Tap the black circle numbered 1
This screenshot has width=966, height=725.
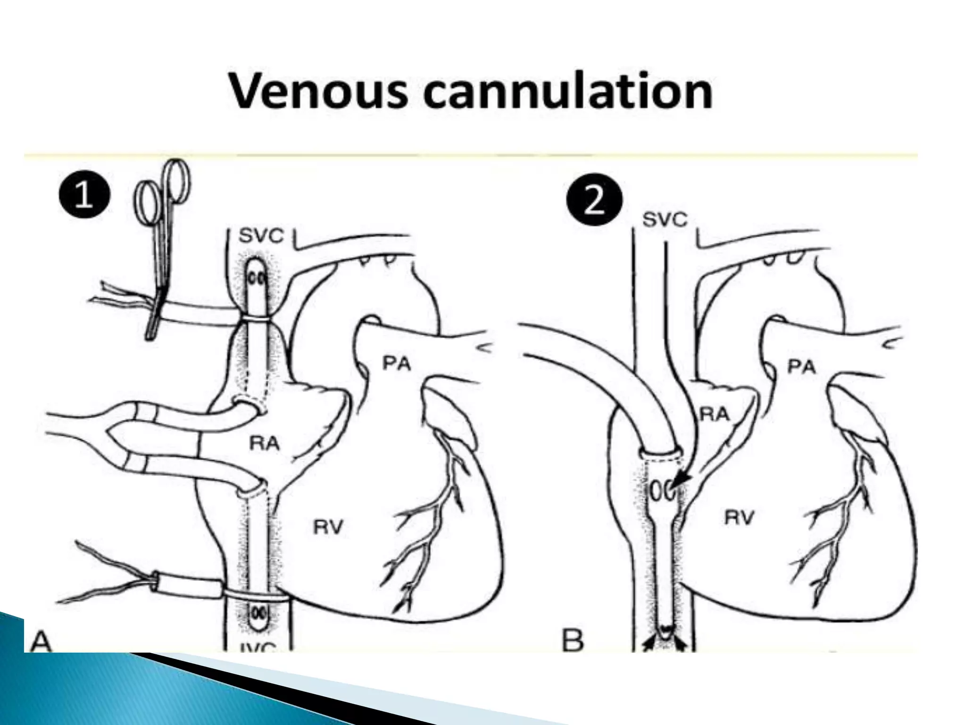[x=84, y=196]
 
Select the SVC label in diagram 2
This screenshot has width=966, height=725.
[x=665, y=220]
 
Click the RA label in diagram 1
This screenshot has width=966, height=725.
[x=264, y=444]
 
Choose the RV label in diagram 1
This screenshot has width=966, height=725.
[x=329, y=527]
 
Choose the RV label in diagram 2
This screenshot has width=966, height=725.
[x=739, y=518]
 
